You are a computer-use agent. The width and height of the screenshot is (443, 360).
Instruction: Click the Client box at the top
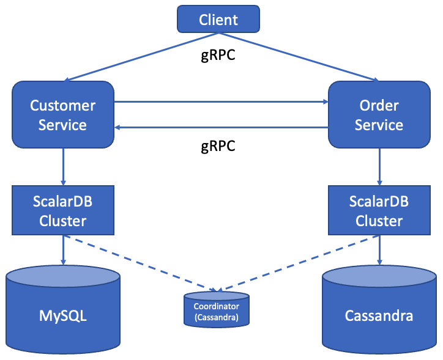tap(218, 20)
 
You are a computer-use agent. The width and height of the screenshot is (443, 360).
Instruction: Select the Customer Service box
tap(63, 114)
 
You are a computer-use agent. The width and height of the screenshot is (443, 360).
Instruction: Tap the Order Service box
tap(379, 114)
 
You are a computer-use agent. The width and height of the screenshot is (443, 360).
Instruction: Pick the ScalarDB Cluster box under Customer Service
tap(63, 211)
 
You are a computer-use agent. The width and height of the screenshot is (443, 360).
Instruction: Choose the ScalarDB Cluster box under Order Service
tap(379, 211)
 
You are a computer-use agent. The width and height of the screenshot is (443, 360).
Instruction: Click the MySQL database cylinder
tap(63, 312)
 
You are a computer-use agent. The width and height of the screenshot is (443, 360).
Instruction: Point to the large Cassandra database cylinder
tap(379, 312)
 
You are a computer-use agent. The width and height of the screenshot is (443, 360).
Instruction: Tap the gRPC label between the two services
tap(218, 147)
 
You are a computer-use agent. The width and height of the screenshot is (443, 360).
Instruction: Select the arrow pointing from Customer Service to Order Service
tap(220, 101)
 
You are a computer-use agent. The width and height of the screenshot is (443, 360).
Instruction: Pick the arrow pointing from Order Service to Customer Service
tap(220, 127)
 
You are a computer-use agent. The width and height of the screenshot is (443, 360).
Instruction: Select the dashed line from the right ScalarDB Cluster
tap(300, 263)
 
